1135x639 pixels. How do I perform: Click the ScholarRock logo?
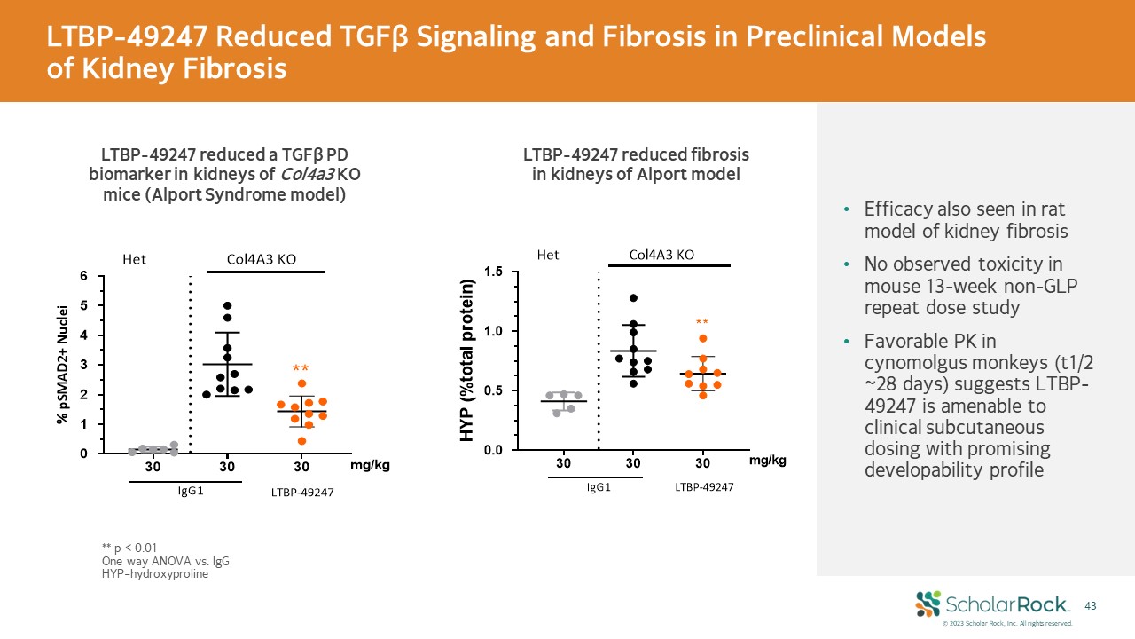click(992, 604)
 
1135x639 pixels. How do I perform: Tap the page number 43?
click(1091, 605)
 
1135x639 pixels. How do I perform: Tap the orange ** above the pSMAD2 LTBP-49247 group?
click(301, 368)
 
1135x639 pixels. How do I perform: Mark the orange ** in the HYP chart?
click(702, 323)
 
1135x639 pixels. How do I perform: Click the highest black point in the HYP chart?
click(633, 298)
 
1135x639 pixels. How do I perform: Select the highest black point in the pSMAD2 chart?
click(228, 306)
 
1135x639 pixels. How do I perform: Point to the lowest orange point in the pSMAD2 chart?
click(301, 440)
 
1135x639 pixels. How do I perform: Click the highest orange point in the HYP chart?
click(702, 338)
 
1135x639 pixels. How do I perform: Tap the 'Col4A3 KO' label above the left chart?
click(262, 259)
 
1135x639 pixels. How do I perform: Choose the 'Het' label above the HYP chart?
click(548, 256)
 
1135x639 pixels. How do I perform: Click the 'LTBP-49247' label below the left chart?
click(302, 493)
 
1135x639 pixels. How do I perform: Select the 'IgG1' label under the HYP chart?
click(599, 486)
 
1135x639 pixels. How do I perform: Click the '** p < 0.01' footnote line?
click(129, 548)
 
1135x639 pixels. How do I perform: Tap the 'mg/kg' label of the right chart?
click(767, 461)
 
